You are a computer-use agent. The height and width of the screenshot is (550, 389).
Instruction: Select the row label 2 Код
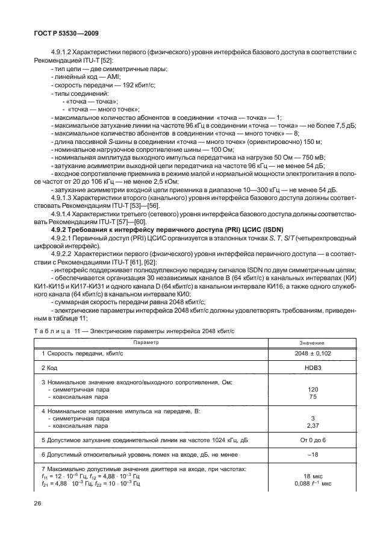pos(53,367)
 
